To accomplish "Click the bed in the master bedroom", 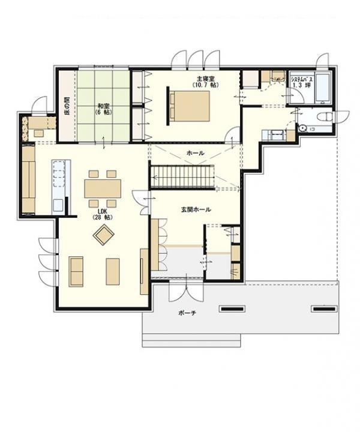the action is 188,106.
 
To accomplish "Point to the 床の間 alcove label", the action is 67,105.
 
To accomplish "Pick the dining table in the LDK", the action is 103,188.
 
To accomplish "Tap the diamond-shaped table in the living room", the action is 104,235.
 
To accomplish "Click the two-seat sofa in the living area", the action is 76,271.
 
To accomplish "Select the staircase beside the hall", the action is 182,177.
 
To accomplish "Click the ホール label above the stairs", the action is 196,153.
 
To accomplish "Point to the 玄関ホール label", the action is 196,209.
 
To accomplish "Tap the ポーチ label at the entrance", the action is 187,313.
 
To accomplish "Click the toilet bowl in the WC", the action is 326,117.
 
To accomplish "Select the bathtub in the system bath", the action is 323,88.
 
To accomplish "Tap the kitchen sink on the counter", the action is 58,205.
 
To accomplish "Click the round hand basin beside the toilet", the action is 303,128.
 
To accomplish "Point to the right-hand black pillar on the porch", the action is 324,309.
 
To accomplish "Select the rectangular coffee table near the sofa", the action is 113,271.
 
